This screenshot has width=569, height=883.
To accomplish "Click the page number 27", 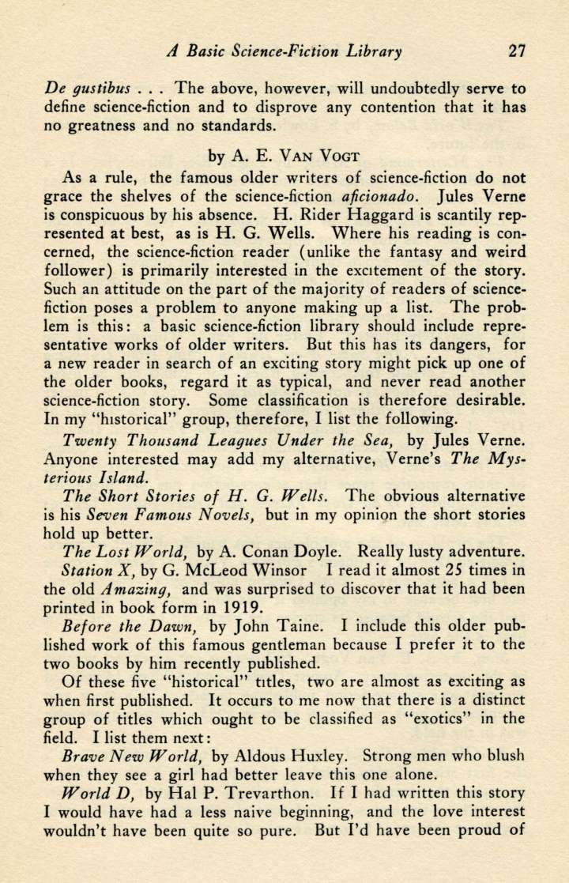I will click(518, 52).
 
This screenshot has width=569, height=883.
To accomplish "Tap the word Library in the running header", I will click(371, 53).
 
